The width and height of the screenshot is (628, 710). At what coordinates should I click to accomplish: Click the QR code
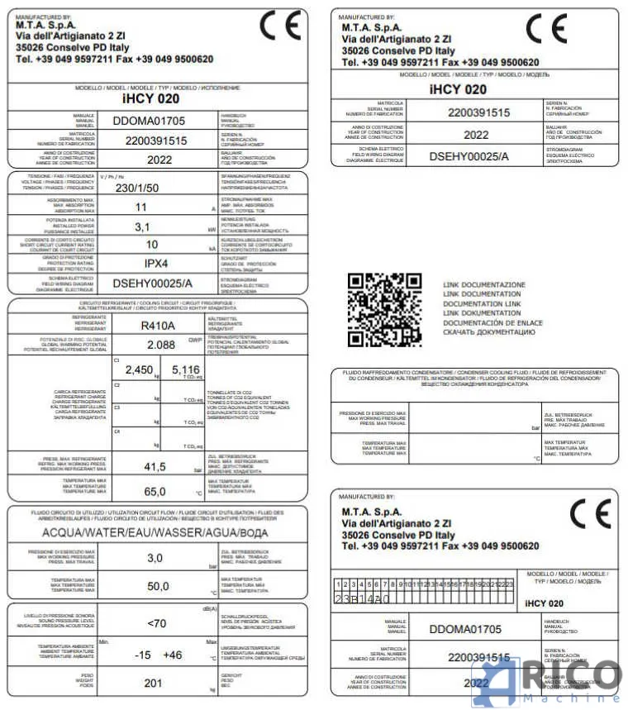tap(384, 310)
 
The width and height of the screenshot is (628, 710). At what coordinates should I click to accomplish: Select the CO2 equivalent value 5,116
tap(184, 369)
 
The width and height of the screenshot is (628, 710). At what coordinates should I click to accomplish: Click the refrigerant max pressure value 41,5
tap(155, 467)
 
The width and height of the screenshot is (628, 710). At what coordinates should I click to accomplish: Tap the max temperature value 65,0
tap(155, 491)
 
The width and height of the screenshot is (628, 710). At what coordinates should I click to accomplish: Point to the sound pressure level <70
tap(155, 623)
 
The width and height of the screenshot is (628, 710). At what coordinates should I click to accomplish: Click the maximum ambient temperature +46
tap(172, 655)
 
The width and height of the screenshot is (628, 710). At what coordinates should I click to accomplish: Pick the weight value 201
tap(154, 683)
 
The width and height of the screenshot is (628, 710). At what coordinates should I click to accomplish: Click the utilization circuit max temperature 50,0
tap(155, 586)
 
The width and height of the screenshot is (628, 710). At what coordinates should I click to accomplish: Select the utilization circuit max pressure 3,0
tap(155, 558)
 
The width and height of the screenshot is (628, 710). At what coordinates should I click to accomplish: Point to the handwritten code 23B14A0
tap(367, 597)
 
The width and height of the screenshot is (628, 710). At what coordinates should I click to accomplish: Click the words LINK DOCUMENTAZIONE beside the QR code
tap(483, 284)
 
